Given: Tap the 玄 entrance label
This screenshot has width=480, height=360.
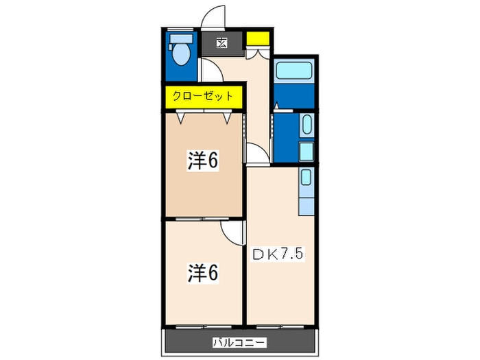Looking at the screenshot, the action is (x=221, y=43).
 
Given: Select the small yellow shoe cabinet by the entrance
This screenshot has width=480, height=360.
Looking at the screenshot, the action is (x=258, y=38).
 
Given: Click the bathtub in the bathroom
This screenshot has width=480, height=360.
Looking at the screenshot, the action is (x=293, y=70).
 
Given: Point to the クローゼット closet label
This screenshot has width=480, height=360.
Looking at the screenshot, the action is (x=203, y=96).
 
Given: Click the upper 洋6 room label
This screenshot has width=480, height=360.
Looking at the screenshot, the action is (x=203, y=160).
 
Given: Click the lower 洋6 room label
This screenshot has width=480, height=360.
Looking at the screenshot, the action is (x=203, y=273).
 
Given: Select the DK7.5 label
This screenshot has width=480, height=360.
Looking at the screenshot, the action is (x=278, y=254).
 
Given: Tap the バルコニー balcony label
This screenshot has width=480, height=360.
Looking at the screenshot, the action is (x=240, y=342).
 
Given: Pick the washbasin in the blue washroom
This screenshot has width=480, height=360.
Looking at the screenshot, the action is (x=307, y=125).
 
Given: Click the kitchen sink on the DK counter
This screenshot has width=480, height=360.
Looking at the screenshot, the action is (x=306, y=177).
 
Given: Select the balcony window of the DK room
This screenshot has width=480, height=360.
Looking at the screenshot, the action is (x=280, y=326).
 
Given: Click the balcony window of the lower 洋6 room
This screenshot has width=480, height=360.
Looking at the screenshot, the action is (x=203, y=326).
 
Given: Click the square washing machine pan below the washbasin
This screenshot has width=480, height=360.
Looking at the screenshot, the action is (x=307, y=152).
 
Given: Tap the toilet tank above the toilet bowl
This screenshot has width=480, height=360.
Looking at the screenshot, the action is (x=181, y=38).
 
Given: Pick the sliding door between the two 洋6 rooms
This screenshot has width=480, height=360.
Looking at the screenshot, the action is (x=203, y=219).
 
